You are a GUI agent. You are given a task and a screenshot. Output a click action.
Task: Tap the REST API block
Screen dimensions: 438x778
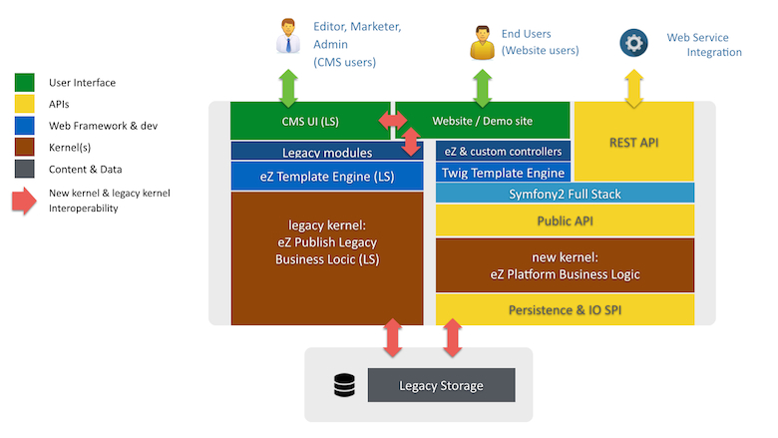(x=634, y=143)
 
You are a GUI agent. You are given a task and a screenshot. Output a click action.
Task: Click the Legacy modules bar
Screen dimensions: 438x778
(x=312, y=153)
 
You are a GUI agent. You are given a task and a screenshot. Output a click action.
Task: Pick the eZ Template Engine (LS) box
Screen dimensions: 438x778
(x=312, y=177)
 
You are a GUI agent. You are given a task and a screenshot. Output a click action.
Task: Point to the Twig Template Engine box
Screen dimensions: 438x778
(x=503, y=173)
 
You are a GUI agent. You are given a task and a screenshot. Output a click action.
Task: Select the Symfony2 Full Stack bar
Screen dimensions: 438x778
(x=565, y=194)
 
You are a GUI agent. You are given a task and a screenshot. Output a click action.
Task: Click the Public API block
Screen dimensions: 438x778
(x=565, y=220)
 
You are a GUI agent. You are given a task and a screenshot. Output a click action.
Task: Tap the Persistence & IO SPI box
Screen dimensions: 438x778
(x=565, y=309)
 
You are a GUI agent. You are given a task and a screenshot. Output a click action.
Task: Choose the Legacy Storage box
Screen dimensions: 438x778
(x=441, y=385)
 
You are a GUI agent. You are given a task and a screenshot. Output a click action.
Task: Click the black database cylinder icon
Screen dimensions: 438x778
(x=343, y=385)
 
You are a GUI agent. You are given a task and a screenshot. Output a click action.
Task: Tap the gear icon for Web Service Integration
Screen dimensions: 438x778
(x=633, y=44)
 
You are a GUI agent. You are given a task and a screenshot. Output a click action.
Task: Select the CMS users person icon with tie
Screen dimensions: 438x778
(x=288, y=38)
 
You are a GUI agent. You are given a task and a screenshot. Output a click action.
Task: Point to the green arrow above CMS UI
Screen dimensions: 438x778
(x=288, y=87)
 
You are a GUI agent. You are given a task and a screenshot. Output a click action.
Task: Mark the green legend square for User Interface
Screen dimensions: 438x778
(x=27, y=83)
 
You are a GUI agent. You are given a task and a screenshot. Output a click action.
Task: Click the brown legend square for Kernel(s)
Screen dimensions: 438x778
(x=27, y=148)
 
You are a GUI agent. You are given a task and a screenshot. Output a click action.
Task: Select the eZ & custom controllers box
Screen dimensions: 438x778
(x=503, y=151)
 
